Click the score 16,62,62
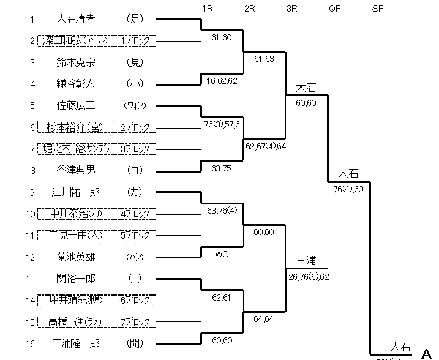(222, 80)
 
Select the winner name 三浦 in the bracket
(306, 260)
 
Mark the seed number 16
(32, 343)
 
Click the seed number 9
(32, 192)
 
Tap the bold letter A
(427, 353)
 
